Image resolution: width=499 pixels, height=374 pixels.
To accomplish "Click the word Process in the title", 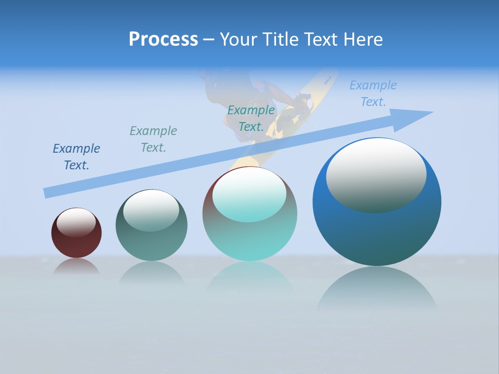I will [163, 39].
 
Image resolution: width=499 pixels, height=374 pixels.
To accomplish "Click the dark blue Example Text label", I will [76, 157].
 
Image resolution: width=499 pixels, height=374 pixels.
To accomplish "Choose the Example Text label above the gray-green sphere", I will [153, 139].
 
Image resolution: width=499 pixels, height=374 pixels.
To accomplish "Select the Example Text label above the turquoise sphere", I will [251, 118].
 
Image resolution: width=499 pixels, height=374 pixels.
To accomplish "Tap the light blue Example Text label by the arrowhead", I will [373, 94].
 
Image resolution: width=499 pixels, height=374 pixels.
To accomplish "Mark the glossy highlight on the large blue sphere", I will [376, 176].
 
